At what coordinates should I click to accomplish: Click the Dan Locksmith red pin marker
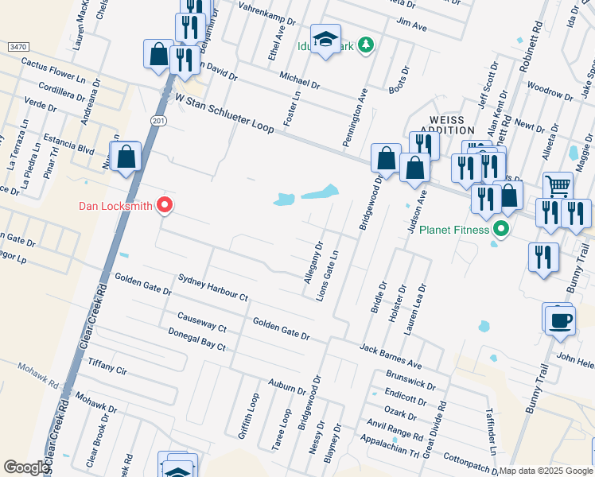[x=165, y=206]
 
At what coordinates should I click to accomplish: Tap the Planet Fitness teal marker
[x=500, y=231]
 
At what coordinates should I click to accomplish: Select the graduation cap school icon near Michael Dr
[x=325, y=39]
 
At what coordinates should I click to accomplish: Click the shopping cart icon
[x=558, y=186]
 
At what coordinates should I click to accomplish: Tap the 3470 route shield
[x=16, y=48]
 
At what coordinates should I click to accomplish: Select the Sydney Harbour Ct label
[x=213, y=287]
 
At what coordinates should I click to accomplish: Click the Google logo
[x=26, y=467]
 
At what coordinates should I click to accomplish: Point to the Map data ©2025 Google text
[x=546, y=471]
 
